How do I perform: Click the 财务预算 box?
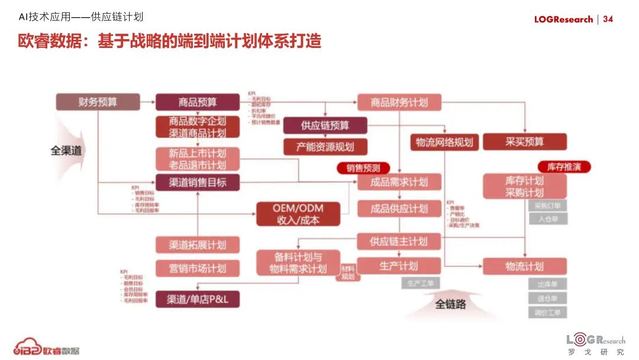coord(98,102)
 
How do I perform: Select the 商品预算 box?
coord(198,102)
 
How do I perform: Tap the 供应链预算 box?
coord(325,126)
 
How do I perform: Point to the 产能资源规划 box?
coord(325,146)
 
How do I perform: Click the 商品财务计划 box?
coord(399,102)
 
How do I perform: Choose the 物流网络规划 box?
coord(444,142)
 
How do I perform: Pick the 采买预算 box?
coord(524,142)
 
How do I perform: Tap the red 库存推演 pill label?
coord(564,167)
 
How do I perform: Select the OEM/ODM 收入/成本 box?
coord(298,214)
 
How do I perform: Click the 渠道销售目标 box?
coord(198,182)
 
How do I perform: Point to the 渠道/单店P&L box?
coord(198,300)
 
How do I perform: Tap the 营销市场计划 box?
coord(198,268)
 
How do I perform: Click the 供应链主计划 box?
coord(399,242)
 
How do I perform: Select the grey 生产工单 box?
coord(421,284)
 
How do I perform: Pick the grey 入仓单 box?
coord(547,219)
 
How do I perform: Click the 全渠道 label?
coord(66,150)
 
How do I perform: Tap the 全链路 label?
coord(451,304)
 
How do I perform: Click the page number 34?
coord(608,19)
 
